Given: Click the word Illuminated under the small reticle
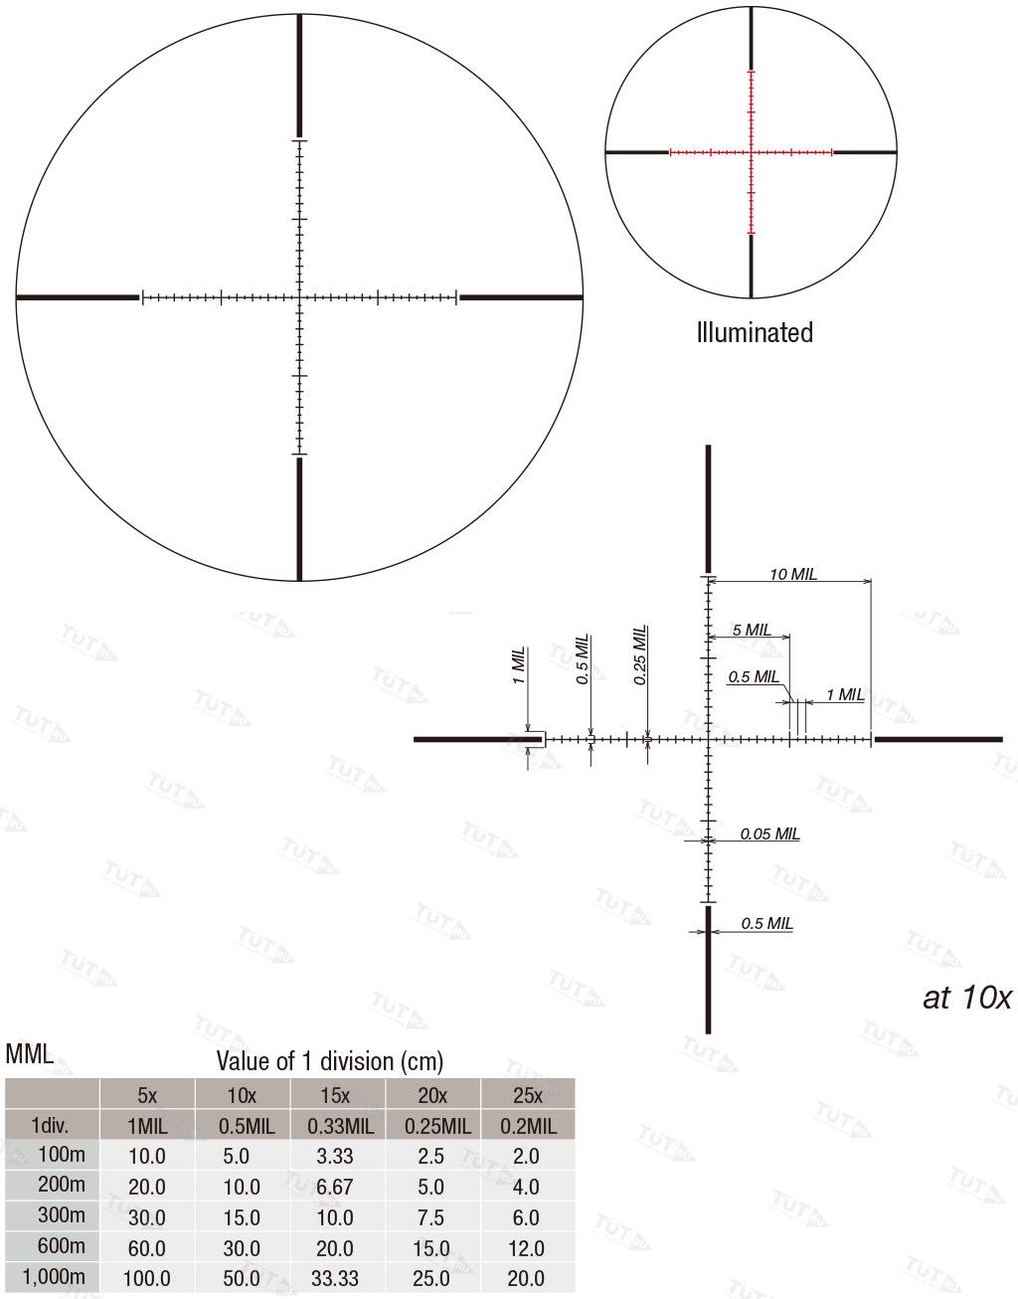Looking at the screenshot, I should pyautogui.click(x=755, y=332).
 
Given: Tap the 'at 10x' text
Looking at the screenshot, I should pyautogui.click(x=966, y=997).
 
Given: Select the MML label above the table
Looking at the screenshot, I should pyautogui.click(x=29, y=1054).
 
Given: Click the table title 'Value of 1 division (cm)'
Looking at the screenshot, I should pyautogui.click(x=330, y=1061).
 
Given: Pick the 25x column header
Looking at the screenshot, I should pyautogui.click(x=527, y=1095).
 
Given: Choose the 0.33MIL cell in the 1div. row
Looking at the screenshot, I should pyautogui.click(x=340, y=1126).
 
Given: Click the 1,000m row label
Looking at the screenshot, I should pyautogui.click(x=54, y=1277).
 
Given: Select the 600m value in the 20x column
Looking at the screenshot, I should pyautogui.click(x=431, y=1248).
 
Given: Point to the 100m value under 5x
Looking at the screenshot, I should pyautogui.click(x=147, y=1156).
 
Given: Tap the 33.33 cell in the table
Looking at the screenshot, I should pyautogui.click(x=335, y=1278).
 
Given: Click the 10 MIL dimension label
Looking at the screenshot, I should pyautogui.click(x=792, y=574).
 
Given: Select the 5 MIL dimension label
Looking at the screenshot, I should pyautogui.click(x=752, y=630).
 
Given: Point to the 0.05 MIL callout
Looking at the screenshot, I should pyautogui.click(x=769, y=834).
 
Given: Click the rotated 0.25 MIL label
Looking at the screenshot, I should pyautogui.click(x=640, y=654).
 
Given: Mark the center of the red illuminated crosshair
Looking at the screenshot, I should pyautogui.click(x=751, y=152).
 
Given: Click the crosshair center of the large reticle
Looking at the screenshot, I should pyautogui.click(x=299, y=296).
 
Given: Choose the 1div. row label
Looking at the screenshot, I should pyautogui.click(x=50, y=1126).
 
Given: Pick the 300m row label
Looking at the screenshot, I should pyautogui.click(x=61, y=1215).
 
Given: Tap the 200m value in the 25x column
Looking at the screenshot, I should pyautogui.click(x=526, y=1187).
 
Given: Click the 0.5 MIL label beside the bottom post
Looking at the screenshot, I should pyautogui.click(x=766, y=923).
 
